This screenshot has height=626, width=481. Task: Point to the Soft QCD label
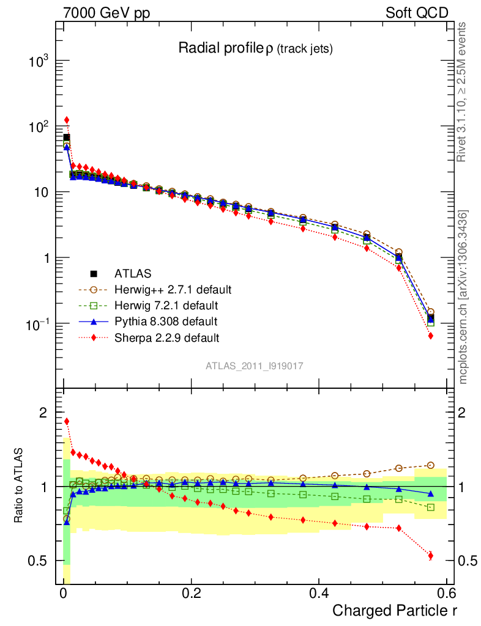tap(417, 13)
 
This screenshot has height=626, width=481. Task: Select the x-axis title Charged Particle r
tap(395, 610)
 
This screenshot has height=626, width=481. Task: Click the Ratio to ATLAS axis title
tap(20, 487)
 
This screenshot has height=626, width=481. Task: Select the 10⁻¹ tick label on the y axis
tap(37, 323)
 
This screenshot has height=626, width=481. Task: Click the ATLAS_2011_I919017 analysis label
tap(255, 366)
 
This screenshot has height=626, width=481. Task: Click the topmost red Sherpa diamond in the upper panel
tap(67, 120)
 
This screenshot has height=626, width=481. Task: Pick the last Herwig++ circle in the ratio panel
tap(431, 465)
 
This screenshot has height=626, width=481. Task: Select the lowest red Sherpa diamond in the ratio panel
tap(431, 556)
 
